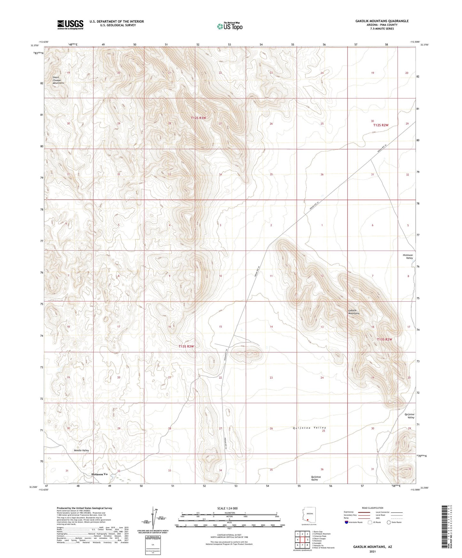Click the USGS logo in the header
point(70,25)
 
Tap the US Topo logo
point(230,26)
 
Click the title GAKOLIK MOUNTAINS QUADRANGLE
point(382,21)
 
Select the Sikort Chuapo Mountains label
point(58,80)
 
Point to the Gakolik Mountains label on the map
point(354,312)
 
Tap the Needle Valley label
point(81,450)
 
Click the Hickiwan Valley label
point(407,257)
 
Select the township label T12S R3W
point(199,118)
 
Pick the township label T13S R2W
point(384,339)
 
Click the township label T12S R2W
point(380,125)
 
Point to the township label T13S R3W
point(186,346)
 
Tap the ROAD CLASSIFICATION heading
point(372,508)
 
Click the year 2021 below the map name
point(372,552)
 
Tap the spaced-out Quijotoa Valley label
point(309,428)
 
